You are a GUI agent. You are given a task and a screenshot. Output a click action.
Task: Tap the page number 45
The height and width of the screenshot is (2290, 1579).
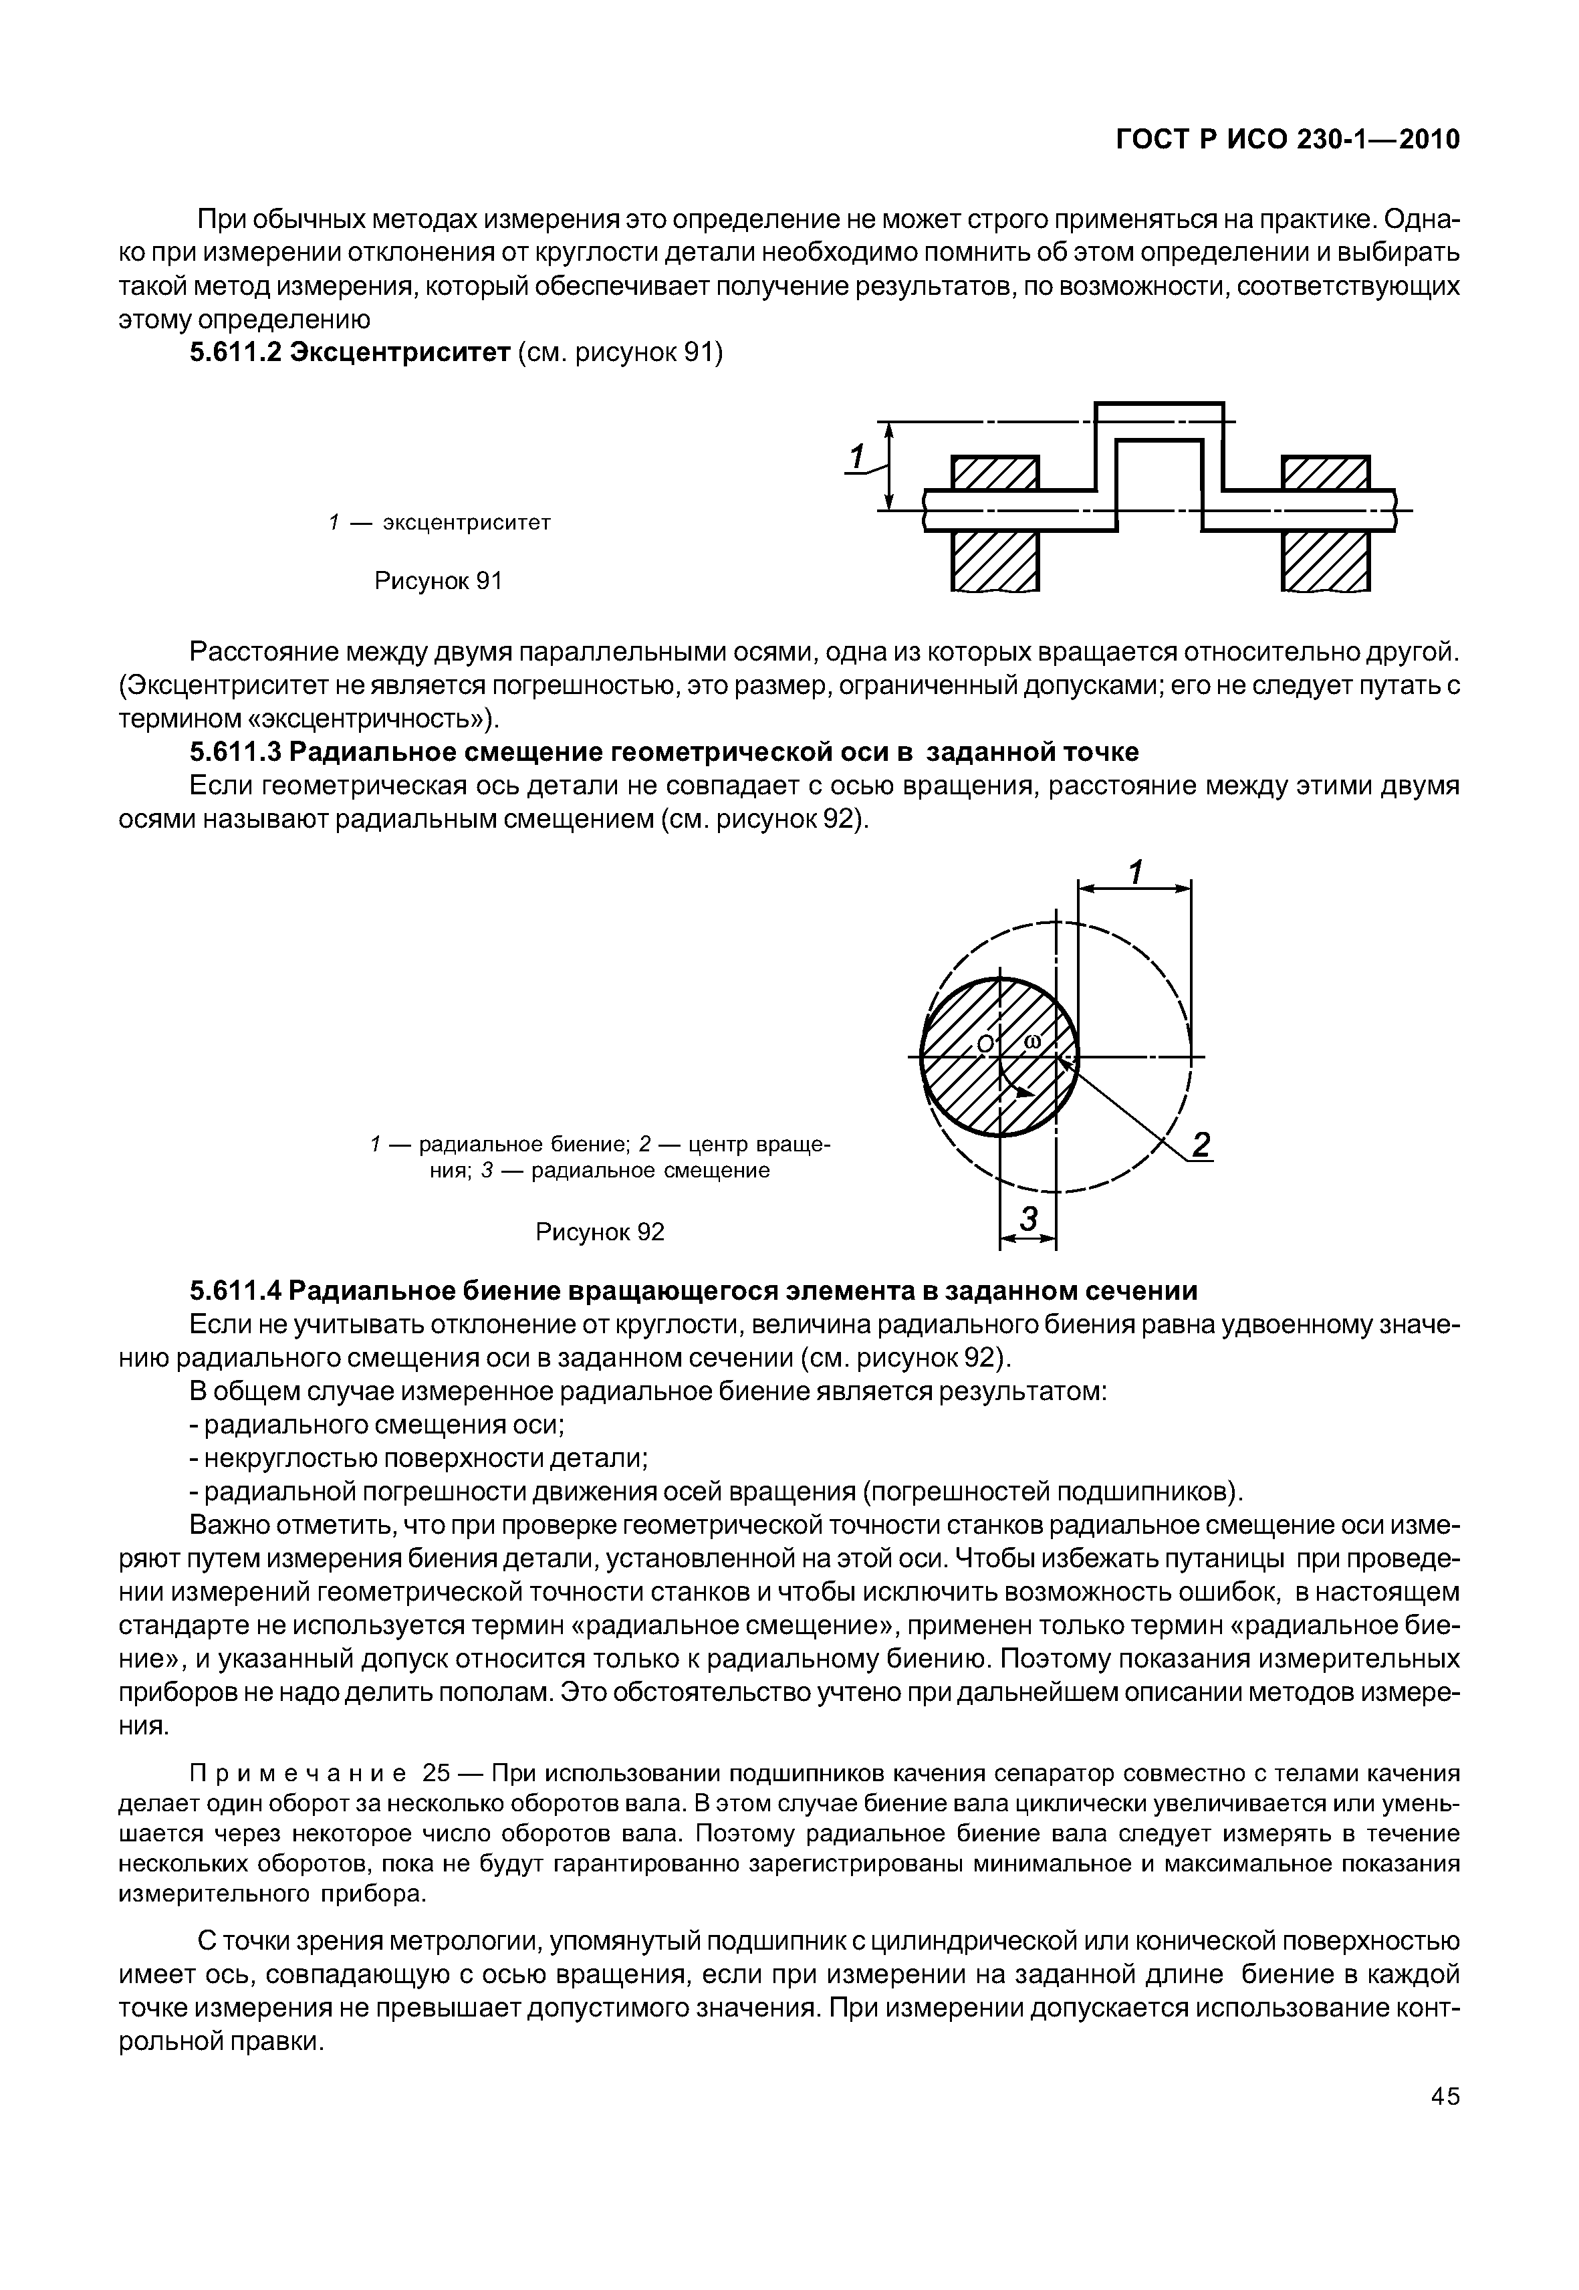click(1445, 2124)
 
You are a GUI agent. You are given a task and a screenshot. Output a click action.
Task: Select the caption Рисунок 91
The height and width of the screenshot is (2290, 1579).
click(439, 581)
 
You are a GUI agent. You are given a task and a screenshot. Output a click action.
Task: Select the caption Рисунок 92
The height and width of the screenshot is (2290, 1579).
click(600, 1232)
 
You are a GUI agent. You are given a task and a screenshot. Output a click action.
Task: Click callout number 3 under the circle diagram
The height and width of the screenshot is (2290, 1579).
click(1029, 1220)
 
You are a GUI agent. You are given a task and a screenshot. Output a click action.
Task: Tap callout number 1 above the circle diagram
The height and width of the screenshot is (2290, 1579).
click(1136, 873)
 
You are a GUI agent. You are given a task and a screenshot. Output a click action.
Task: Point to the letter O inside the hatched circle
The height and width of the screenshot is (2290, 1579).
click(985, 1044)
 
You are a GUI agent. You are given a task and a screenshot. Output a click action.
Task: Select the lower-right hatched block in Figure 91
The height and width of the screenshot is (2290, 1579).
click(1326, 560)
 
